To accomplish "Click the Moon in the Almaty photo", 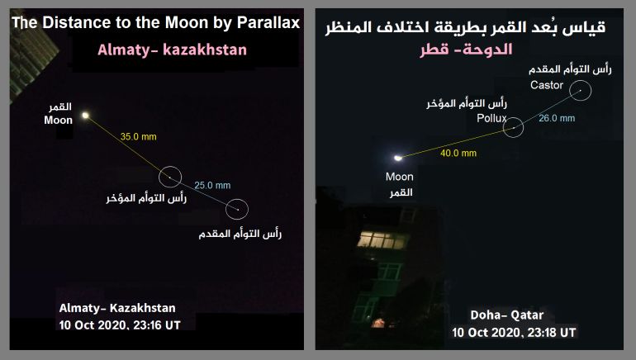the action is [85, 116].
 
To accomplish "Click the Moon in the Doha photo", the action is [398, 158].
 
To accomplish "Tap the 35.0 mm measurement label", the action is [138, 136].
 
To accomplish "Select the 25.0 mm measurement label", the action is [212, 185].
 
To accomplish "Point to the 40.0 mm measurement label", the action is [458, 154].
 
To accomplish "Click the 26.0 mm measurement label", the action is [557, 118].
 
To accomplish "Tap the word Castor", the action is [547, 85].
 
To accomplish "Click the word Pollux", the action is [491, 118].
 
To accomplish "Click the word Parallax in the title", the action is [268, 23].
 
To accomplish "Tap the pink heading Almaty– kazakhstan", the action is [172, 50].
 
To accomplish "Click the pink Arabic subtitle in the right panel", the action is [466, 50].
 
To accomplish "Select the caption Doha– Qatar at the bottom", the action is [506, 315].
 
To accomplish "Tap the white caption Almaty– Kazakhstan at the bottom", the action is [117, 308].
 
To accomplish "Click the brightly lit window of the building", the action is [382, 239].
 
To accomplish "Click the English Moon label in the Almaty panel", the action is [59, 121].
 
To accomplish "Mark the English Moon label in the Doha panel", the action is [400, 177].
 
